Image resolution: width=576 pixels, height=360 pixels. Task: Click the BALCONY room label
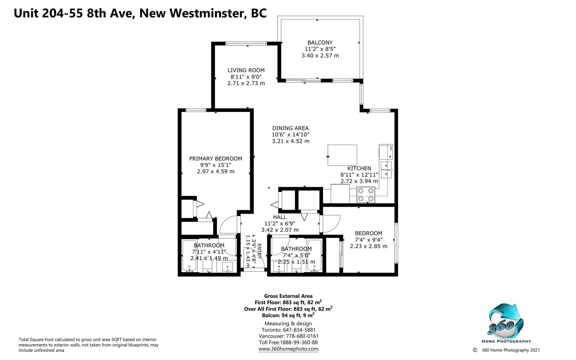320,43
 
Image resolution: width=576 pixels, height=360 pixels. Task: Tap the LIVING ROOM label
246,70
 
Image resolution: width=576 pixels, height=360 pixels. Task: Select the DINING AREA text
290,128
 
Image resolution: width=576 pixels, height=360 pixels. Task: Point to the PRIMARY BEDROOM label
216,159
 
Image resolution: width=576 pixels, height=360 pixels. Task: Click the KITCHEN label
359,168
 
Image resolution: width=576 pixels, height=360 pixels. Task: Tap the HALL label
279,217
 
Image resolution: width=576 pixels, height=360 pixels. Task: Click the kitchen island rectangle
342,155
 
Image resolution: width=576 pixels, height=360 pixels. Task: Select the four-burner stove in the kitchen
366,195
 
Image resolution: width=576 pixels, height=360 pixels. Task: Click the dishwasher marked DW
386,152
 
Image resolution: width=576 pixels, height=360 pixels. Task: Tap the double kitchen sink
386,170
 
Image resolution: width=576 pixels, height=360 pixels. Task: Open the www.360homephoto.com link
288,349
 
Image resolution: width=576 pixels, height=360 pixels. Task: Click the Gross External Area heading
288,296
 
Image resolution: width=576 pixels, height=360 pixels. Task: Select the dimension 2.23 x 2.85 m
369,246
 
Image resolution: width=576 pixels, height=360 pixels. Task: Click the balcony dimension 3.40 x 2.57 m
320,55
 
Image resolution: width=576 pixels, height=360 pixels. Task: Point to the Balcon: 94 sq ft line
288,315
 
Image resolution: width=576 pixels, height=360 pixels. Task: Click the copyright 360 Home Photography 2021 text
506,350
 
